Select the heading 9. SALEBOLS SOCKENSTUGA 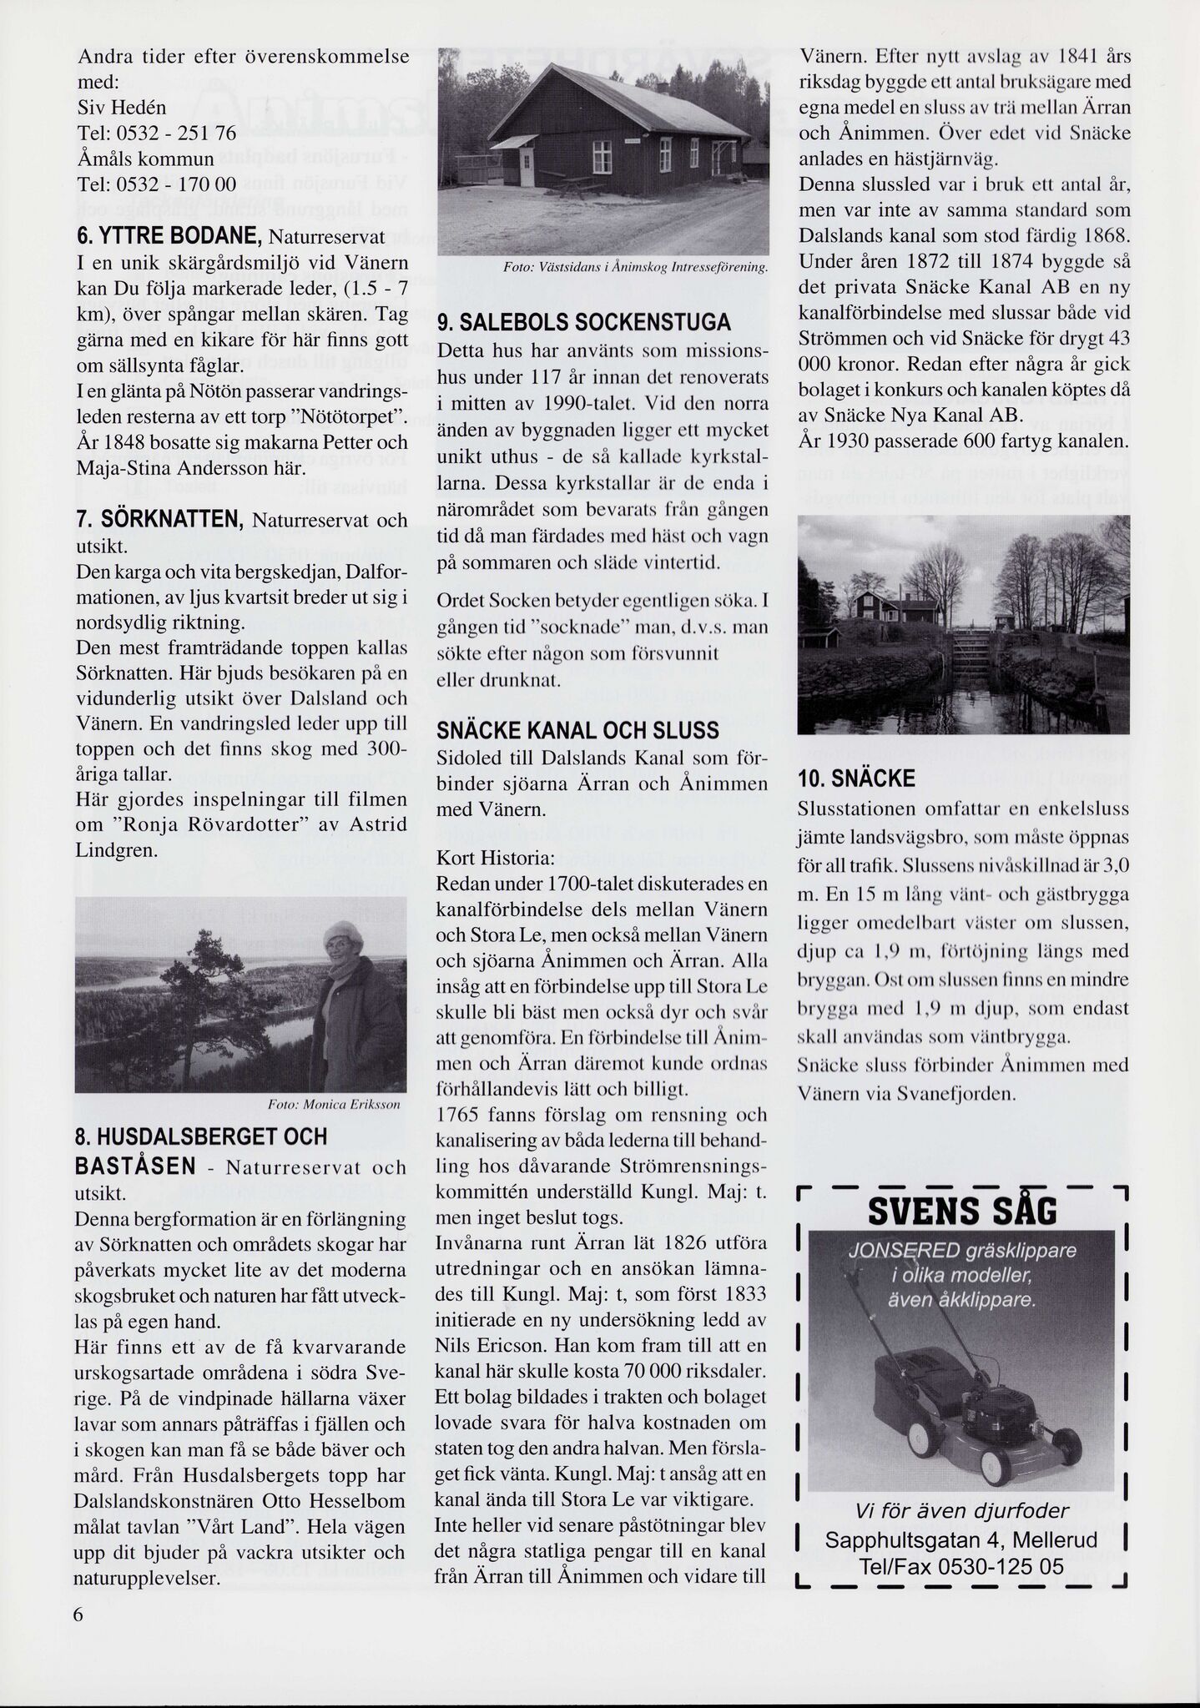point(583,323)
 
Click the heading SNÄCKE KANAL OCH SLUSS point(577,731)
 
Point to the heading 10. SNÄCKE point(856,779)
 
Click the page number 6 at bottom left point(79,1614)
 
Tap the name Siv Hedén point(121,108)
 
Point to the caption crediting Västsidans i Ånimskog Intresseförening point(635,268)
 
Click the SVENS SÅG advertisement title point(962,1211)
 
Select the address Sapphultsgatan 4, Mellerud point(961,1540)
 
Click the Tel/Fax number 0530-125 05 point(962,1567)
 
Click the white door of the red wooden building point(527,167)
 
